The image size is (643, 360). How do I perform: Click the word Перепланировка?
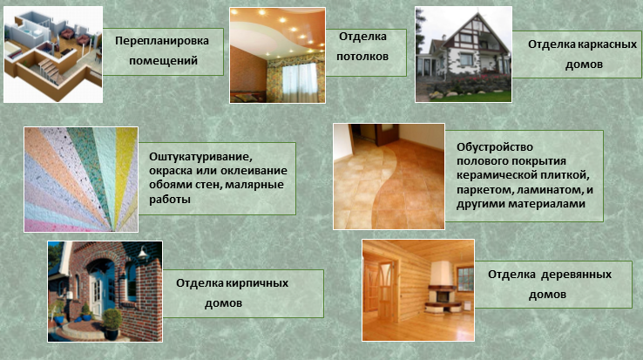click(x=161, y=41)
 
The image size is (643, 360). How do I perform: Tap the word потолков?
click(x=362, y=57)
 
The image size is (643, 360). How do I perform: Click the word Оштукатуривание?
click(x=200, y=157)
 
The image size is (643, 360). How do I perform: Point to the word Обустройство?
click(x=495, y=147)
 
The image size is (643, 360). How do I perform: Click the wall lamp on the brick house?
click(x=142, y=254)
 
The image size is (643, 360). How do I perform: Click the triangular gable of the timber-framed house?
click(x=477, y=30)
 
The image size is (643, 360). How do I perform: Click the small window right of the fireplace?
click(x=465, y=279)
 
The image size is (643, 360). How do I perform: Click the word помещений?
click(x=163, y=61)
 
